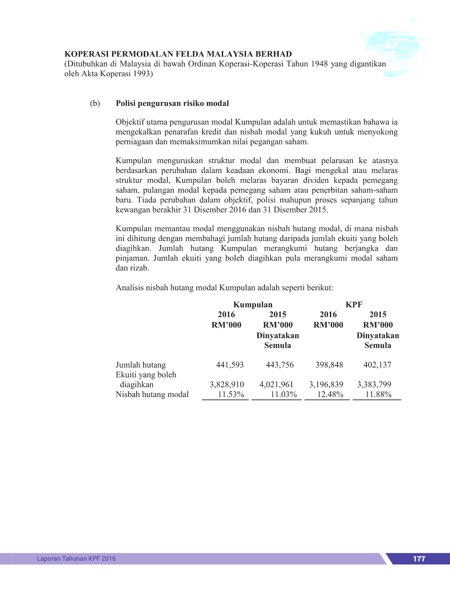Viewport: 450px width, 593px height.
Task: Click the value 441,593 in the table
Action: pyautogui.click(x=230, y=365)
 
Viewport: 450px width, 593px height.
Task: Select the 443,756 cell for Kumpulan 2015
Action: pyautogui.click(x=280, y=365)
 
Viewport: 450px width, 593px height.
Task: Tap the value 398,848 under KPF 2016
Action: pyautogui.click(x=329, y=365)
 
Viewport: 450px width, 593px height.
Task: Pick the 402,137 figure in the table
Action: pyautogui.click(x=377, y=365)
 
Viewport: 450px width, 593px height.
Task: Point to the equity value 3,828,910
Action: pyautogui.click(x=227, y=384)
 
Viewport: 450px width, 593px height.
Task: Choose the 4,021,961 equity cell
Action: pyautogui.click(x=276, y=384)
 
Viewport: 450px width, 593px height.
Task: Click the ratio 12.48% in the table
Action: pyautogui.click(x=330, y=394)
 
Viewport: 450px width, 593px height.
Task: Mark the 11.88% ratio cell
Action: pyautogui.click(x=379, y=394)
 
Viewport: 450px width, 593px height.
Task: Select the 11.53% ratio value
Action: pyautogui.click(x=231, y=394)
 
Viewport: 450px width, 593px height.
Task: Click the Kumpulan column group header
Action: pyautogui.click(x=253, y=305)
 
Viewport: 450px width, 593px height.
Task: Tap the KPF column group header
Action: pyautogui.click(x=354, y=305)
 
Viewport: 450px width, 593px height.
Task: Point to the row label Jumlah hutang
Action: pyautogui.click(x=141, y=365)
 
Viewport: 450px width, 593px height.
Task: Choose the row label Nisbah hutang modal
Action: pyautogui.click(x=152, y=394)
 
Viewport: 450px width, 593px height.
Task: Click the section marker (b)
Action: pyautogui.click(x=95, y=103)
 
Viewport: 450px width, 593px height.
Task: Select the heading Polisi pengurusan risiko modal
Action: pyautogui.click(x=172, y=103)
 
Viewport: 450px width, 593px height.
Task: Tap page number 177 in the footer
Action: pyautogui.click(x=419, y=559)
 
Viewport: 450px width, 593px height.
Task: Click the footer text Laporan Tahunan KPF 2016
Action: pyautogui.click(x=76, y=558)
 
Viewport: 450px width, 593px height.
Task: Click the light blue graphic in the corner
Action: pyautogui.click(x=395, y=53)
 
